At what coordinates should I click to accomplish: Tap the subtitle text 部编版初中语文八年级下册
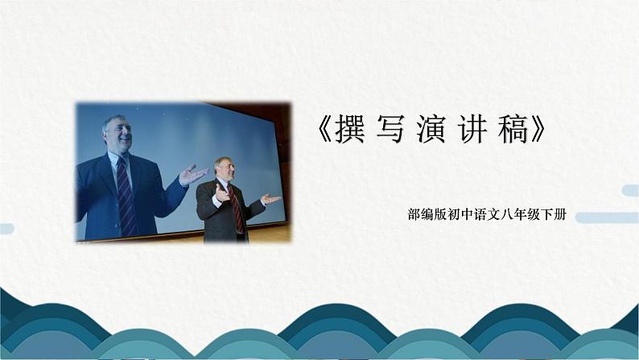tap(487, 215)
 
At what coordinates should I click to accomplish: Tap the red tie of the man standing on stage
tap(236, 208)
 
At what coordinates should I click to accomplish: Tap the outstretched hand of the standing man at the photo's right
tap(270, 198)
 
